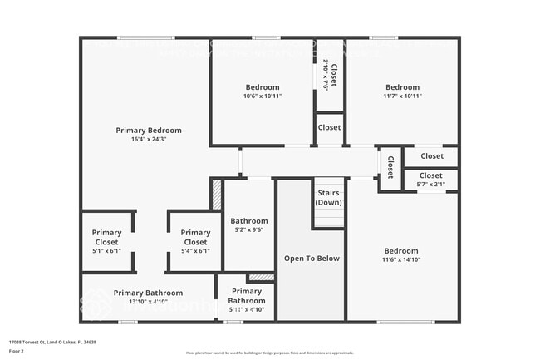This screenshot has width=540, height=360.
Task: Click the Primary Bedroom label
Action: click(148, 131)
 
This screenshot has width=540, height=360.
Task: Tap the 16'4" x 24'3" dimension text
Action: click(148, 140)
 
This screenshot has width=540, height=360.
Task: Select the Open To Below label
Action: click(312, 259)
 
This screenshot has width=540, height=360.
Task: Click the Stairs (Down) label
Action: click(328, 198)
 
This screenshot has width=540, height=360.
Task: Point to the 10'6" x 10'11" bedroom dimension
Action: click(262, 96)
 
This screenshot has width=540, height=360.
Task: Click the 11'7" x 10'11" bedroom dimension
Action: click(402, 96)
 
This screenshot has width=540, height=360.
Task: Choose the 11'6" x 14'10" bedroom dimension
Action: click(400, 260)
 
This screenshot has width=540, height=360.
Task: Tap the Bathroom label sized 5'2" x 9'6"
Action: click(248, 221)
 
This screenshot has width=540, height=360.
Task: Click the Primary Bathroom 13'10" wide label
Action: click(148, 293)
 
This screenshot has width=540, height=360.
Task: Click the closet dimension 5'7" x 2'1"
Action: click(430, 184)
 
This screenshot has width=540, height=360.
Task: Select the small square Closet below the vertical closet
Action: click(329, 128)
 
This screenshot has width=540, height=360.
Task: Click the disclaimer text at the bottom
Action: click(269, 353)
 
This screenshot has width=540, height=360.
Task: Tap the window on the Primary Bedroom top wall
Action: click(145, 37)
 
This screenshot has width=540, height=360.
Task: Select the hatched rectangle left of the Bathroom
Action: click(217, 195)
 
